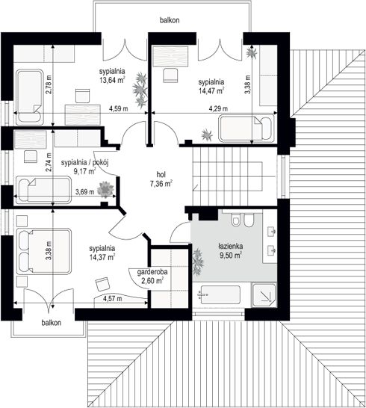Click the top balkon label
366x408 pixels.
170,20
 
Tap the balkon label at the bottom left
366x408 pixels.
52,323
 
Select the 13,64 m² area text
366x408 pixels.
112,80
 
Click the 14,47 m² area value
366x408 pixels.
211,90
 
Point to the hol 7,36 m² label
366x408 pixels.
161,179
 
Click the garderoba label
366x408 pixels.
152,272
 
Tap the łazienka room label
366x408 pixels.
231,246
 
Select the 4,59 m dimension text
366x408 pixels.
118,109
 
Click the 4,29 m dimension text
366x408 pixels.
218,109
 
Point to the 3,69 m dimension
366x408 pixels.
85,192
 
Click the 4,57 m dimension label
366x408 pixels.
112,299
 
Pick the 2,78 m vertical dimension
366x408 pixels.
49,84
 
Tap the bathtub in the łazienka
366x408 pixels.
220,295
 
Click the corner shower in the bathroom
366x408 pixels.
264,295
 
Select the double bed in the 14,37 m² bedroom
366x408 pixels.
44,251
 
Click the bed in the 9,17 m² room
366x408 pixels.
43,190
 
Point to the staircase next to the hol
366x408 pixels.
234,176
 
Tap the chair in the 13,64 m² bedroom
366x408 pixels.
82,96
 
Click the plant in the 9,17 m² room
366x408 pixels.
105,189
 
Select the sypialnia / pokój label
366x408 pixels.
85,163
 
